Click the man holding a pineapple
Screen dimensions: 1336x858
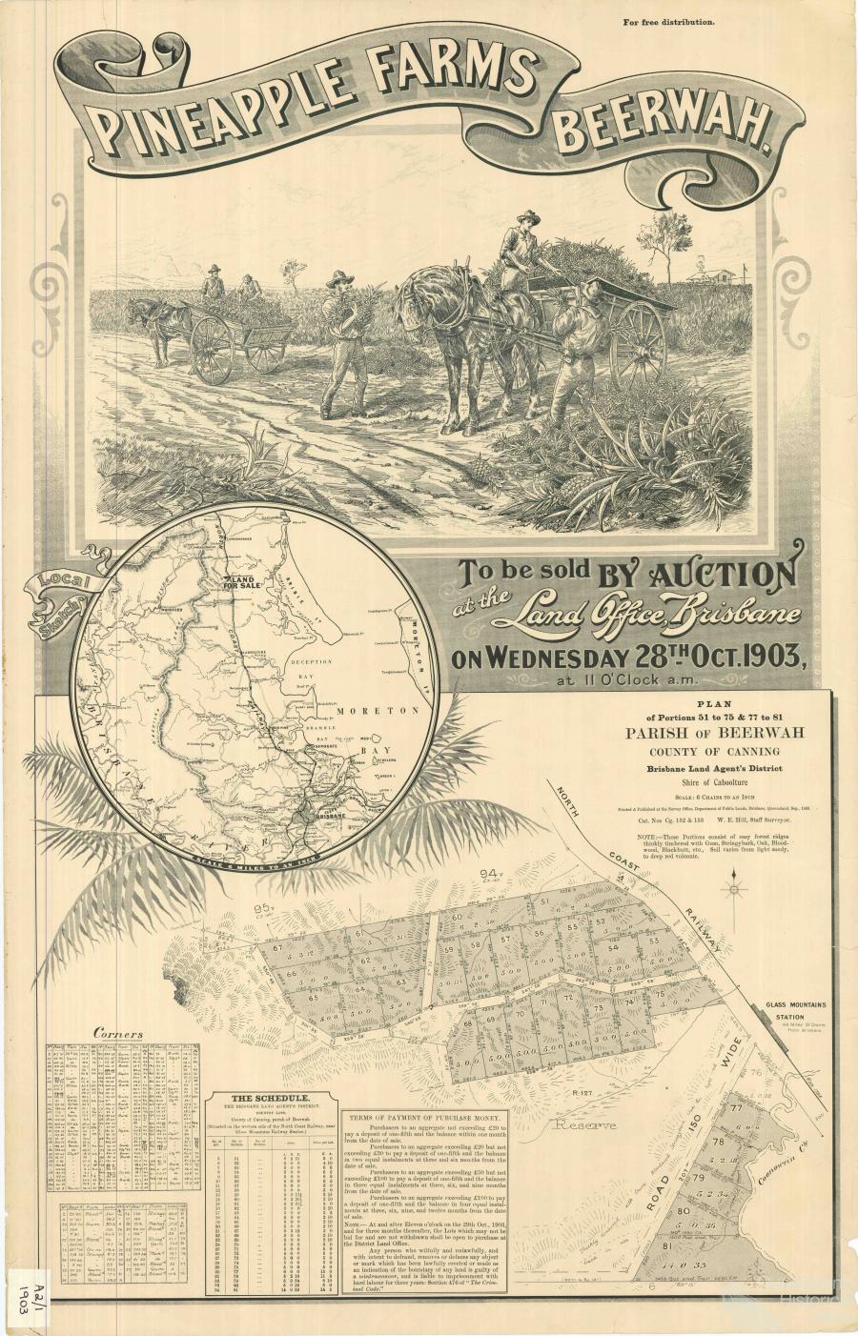coord(340,338)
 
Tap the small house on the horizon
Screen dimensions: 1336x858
coord(730,276)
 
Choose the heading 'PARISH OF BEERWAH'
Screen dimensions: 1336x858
coord(714,732)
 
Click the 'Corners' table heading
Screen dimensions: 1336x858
coord(118,1033)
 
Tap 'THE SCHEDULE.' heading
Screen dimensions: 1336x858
coord(270,1097)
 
